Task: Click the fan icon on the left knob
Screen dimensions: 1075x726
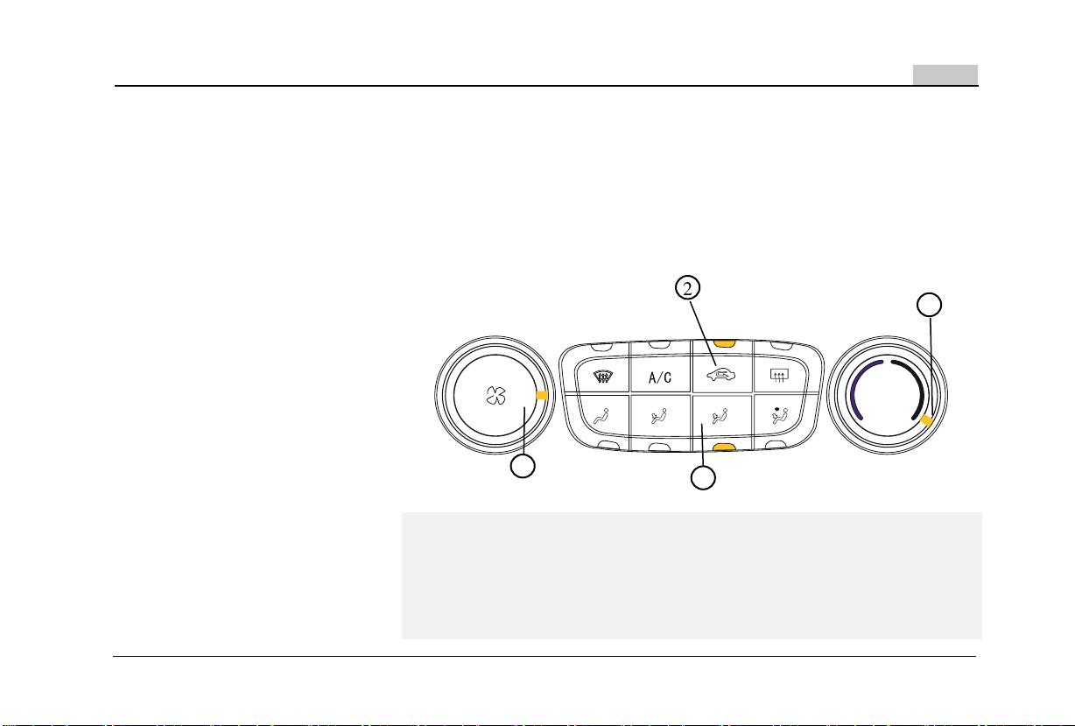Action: (495, 396)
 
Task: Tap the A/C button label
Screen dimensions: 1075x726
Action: (660, 377)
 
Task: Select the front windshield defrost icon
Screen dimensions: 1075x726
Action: (601, 376)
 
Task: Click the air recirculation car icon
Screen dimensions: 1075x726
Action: (720, 375)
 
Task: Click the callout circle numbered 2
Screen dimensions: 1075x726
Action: (688, 288)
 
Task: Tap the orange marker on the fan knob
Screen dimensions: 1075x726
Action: (542, 395)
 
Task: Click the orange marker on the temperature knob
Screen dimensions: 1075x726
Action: (927, 421)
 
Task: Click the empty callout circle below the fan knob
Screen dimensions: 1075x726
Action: (523, 466)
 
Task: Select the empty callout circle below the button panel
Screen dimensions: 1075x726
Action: (703, 478)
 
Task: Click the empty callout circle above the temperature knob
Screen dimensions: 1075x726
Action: (929, 305)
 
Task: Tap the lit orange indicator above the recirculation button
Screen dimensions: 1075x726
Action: (724, 343)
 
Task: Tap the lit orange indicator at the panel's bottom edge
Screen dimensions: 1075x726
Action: (724, 448)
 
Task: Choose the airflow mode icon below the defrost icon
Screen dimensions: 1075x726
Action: (601, 416)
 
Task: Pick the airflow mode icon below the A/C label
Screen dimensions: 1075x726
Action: (659, 416)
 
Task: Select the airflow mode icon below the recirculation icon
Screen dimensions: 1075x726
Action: (720, 416)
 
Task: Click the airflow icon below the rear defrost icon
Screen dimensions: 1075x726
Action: (780, 415)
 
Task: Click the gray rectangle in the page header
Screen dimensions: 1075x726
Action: (945, 74)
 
